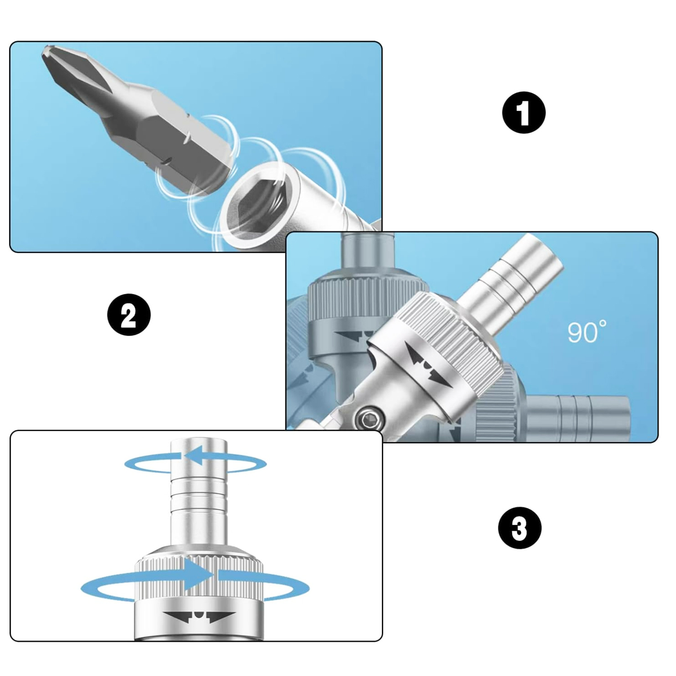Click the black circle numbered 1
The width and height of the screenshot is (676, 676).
coord(524,112)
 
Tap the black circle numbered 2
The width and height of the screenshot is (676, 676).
coord(129,314)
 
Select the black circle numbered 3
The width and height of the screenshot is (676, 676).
coord(519,528)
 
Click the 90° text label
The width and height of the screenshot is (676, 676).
coord(586,331)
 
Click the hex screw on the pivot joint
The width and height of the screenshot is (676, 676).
coord(368,418)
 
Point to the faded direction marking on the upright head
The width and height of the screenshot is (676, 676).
coord(354,336)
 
